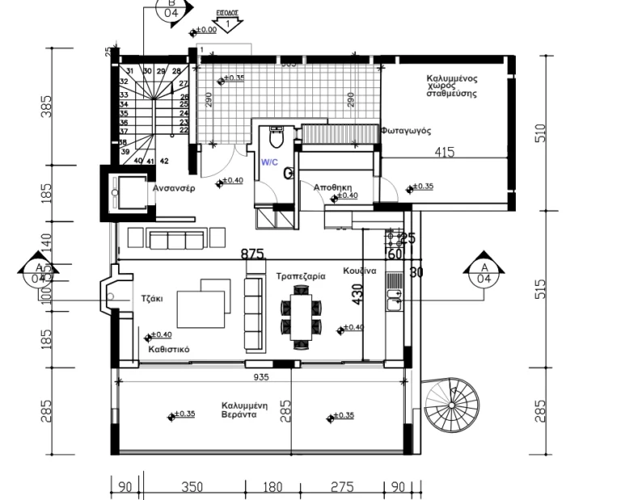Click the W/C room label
tap(268, 162)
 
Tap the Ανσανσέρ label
tap(175, 187)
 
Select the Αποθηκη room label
tap(332, 187)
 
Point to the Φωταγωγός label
tap(406, 131)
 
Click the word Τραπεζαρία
tap(300, 275)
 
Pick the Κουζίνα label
tap(359, 271)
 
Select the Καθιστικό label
tap(169, 350)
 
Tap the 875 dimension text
tap(253, 254)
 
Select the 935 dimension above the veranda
tap(261, 376)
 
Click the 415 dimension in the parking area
tap(444, 151)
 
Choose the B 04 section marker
tap(172, 10)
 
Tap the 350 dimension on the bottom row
tap(192, 486)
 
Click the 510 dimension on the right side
tap(540, 132)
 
